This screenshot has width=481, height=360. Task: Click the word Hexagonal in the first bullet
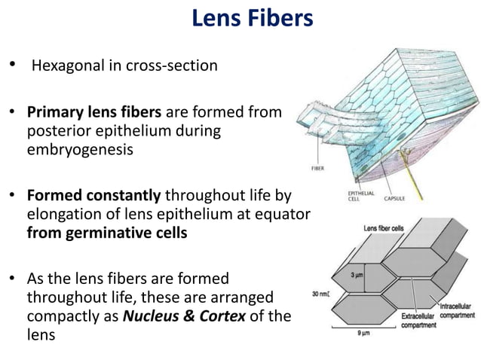point(67,66)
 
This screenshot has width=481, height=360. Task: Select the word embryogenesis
point(75,148)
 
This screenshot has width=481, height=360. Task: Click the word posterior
point(56,131)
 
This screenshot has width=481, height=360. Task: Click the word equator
point(283,214)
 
